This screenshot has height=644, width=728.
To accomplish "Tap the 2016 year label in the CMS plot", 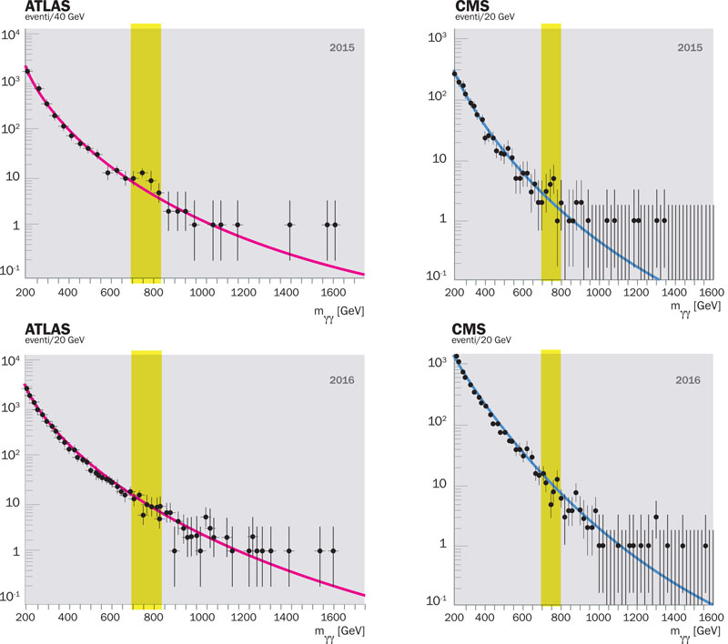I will point(688,377).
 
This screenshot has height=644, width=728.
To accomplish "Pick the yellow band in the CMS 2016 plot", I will point(551,473).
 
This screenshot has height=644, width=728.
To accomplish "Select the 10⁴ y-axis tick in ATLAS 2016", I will point(12,362).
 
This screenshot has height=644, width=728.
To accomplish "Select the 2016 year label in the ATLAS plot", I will point(343,374).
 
